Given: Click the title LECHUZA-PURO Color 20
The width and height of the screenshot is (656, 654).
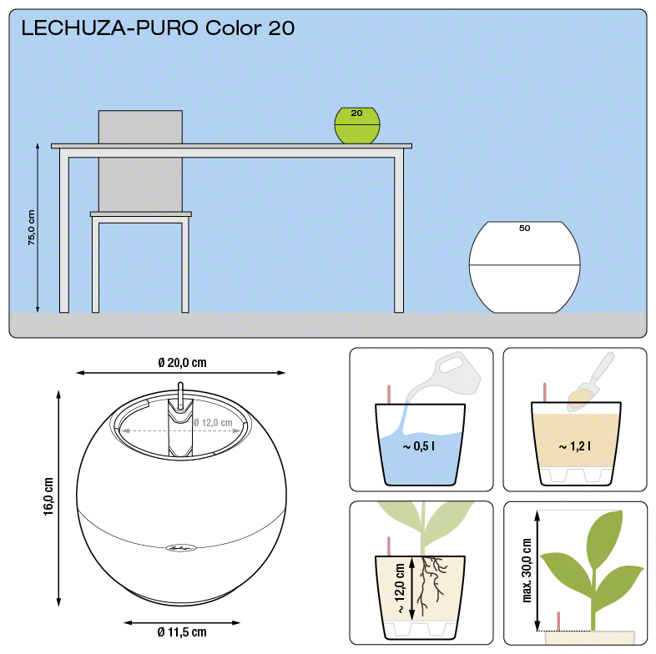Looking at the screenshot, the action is pyautogui.click(x=158, y=28).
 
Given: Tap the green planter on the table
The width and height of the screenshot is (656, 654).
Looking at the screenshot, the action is pyautogui.click(x=357, y=125).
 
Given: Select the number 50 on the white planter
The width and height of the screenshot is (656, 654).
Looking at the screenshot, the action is pyautogui.click(x=524, y=229).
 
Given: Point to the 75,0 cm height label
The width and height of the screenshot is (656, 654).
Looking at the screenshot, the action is pyautogui.click(x=32, y=228).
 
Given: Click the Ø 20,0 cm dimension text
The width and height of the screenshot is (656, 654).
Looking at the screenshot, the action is pyautogui.click(x=183, y=363).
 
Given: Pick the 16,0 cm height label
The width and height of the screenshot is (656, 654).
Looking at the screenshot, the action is pyautogui.click(x=48, y=496).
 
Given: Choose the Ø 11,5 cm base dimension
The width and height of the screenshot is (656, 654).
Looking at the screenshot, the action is pyautogui.click(x=182, y=631).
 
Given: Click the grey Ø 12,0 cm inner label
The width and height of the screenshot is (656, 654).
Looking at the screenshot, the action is pyautogui.click(x=213, y=423).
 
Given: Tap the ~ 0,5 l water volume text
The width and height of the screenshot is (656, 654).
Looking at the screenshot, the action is pyautogui.click(x=418, y=446).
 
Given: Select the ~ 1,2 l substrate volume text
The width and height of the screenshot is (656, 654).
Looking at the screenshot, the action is pyautogui.click(x=574, y=446).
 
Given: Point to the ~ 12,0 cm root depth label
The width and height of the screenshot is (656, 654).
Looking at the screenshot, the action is pyautogui.click(x=400, y=588).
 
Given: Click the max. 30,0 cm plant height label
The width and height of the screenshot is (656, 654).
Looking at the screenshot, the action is pyautogui.click(x=527, y=571).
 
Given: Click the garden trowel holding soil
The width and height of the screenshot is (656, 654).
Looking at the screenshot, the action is pyautogui.click(x=591, y=381).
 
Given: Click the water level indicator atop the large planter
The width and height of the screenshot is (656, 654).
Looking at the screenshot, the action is pyautogui.click(x=180, y=395).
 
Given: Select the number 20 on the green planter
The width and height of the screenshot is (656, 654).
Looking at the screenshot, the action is pyautogui.click(x=356, y=113).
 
